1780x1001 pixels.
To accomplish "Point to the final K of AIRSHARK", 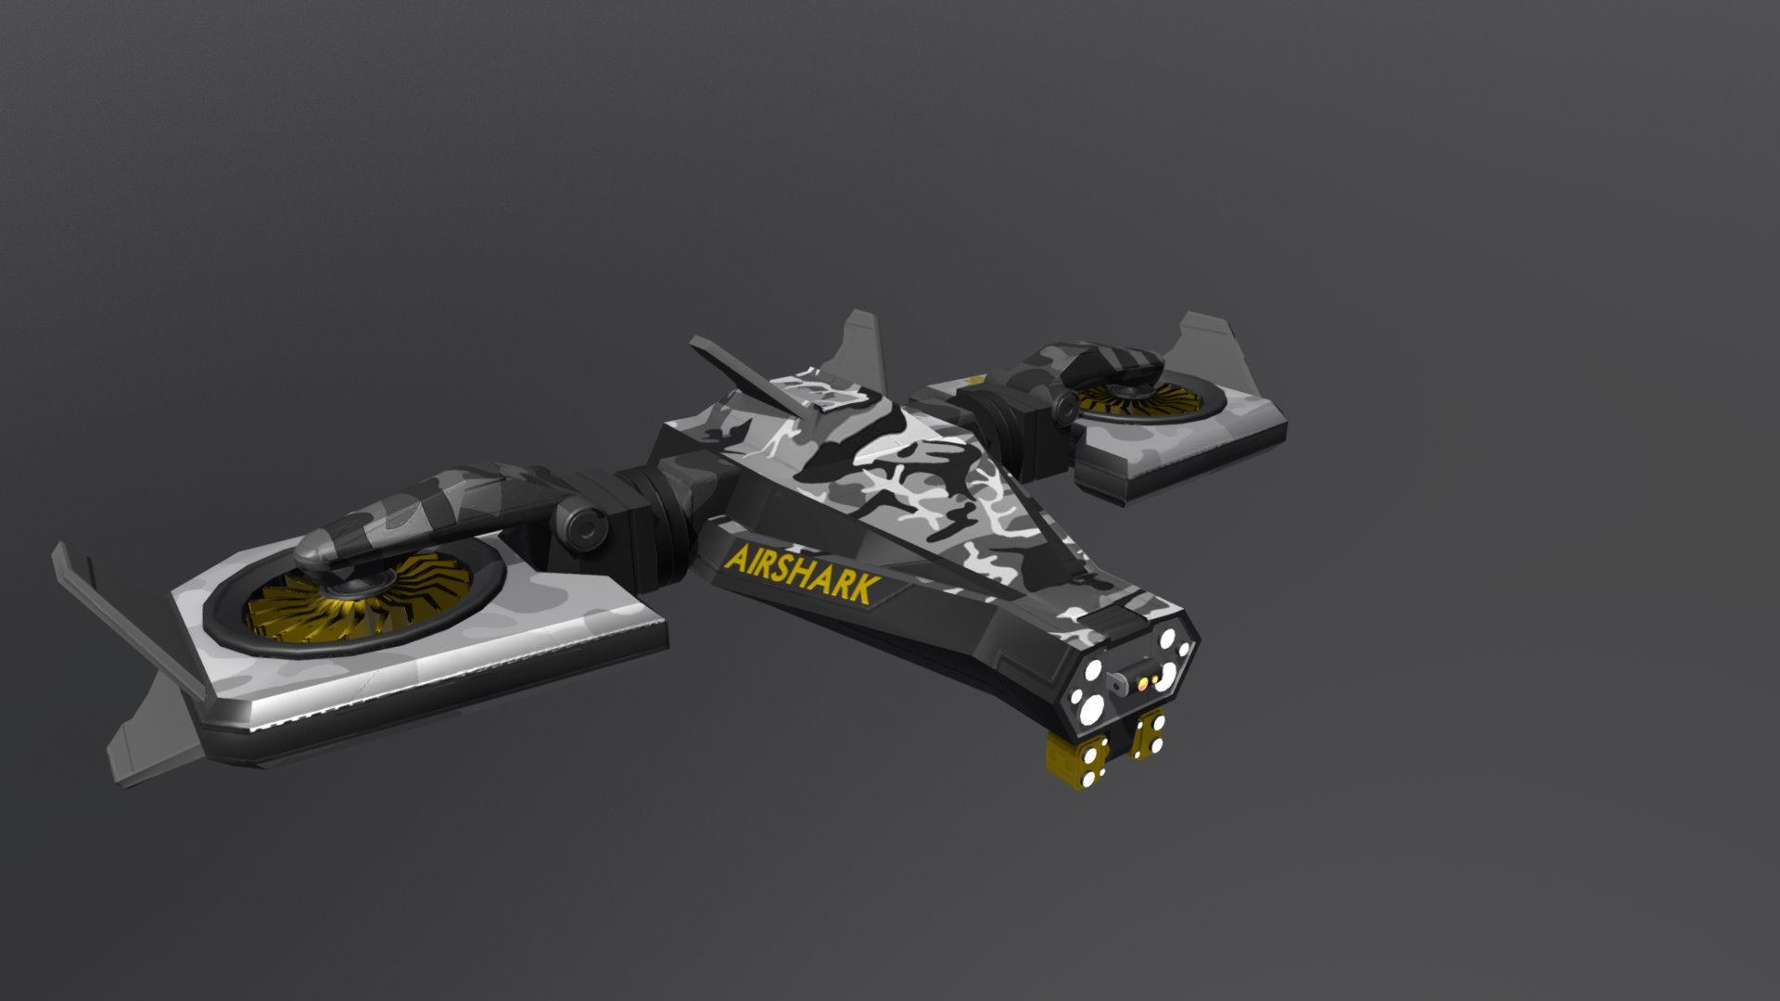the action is click(x=866, y=591).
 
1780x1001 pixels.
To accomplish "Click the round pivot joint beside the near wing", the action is click(x=583, y=526).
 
